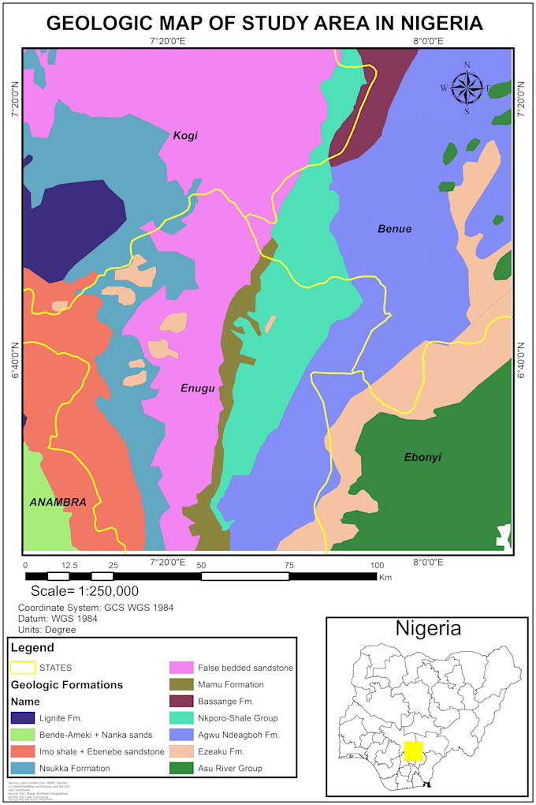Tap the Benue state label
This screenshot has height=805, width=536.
(x=394, y=230)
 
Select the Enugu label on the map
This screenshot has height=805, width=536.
(x=198, y=388)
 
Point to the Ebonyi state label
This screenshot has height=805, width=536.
(x=422, y=458)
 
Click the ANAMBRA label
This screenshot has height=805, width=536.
(x=58, y=502)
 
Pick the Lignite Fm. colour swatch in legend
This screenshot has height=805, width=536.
(x=23, y=718)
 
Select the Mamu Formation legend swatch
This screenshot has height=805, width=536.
(x=182, y=685)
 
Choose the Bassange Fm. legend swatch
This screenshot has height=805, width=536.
(x=182, y=702)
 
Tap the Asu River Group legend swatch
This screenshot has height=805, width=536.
(x=182, y=768)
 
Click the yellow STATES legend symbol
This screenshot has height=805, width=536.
(x=23, y=668)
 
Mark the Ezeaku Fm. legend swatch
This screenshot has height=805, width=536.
(x=182, y=751)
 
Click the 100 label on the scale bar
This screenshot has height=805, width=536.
(x=377, y=565)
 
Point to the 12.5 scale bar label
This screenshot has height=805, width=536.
(x=69, y=565)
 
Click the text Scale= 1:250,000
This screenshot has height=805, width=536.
(x=85, y=591)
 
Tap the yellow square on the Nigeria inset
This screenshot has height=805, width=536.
(x=413, y=751)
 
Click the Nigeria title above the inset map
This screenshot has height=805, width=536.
(x=428, y=629)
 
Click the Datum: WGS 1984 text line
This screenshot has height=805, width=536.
(x=58, y=619)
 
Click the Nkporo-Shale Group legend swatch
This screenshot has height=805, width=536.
(x=182, y=718)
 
